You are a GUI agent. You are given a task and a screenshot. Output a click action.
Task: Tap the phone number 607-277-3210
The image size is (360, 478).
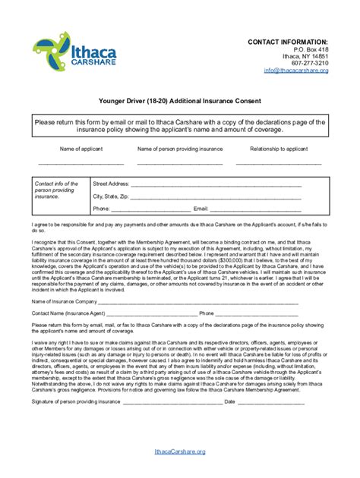[311, 62]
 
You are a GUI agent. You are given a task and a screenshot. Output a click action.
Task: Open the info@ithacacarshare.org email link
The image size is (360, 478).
[296, 70]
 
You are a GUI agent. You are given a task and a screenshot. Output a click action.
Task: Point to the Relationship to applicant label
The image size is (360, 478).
[279, 149]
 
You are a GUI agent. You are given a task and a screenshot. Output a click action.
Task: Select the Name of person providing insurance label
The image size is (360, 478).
[179, 149]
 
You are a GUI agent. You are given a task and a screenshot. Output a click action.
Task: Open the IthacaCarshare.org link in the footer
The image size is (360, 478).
[180, 451]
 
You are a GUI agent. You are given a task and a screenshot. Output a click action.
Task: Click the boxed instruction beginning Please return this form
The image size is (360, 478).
[180, 125]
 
